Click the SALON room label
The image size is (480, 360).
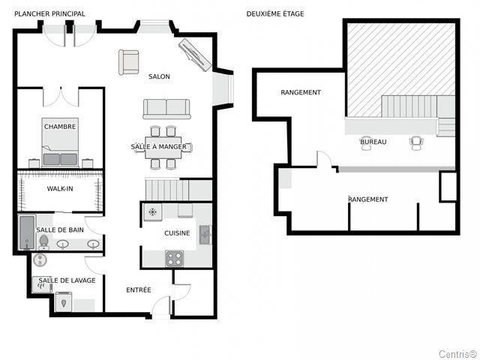(159, 76)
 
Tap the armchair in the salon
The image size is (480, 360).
(128, 62)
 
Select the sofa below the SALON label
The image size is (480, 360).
(166, 109)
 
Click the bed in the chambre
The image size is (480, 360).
(60, 142)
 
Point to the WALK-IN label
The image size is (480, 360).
(60, 188)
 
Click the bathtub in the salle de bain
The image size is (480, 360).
(27, 232)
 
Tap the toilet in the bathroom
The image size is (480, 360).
(43, 242)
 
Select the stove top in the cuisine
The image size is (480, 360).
(175, 258)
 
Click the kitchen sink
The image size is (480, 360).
(205, 235)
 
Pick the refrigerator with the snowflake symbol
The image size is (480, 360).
(152, 211)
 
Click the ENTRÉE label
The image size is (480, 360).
(139, 290)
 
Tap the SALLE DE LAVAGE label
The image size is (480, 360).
(67, 280)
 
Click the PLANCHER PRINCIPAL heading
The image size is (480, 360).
(49, 13)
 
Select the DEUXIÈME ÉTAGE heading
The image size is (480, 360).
(275, 13)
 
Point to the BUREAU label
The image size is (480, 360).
(373, 142)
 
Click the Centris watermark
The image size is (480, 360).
(458, 353)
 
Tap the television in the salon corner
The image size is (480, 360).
(195, 55)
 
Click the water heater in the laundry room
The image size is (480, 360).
(40, 260)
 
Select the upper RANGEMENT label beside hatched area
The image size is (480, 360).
(301, 92)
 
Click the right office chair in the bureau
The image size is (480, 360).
(417, 143)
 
